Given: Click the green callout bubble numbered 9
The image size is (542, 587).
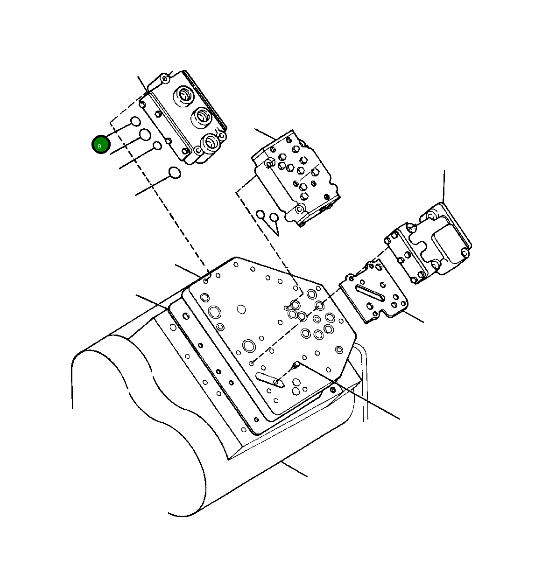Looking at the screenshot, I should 100,145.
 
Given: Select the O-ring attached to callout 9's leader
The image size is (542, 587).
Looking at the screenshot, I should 135,122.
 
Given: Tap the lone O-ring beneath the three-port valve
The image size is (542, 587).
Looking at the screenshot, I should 174,173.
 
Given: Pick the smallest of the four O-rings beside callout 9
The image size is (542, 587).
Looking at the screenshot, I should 158,146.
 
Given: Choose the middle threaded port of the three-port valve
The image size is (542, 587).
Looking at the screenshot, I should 201,116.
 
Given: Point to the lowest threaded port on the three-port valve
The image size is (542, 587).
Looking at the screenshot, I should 211,141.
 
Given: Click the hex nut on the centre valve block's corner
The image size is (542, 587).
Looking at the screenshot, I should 269,163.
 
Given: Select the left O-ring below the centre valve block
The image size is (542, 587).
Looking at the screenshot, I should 260,215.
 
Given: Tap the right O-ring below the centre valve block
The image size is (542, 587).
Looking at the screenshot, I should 274,217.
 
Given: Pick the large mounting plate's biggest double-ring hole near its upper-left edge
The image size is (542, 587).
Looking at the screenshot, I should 215,312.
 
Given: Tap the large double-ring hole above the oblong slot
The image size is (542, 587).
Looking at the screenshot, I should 248,346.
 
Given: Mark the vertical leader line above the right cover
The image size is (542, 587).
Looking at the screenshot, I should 444,187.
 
